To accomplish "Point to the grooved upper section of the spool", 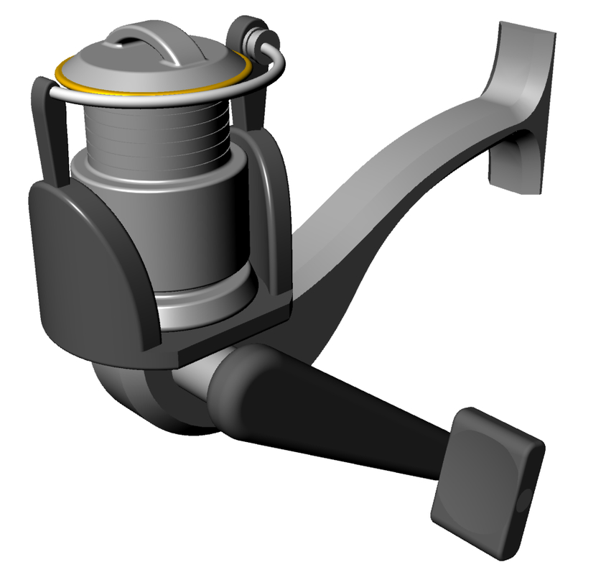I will pos(154,129).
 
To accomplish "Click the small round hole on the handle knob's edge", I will pos(524,500).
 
